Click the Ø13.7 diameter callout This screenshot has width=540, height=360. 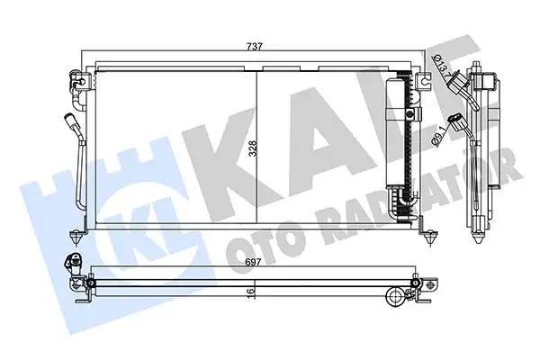(x=437, y=67)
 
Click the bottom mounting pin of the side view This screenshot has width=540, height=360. (x=478, y=238)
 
